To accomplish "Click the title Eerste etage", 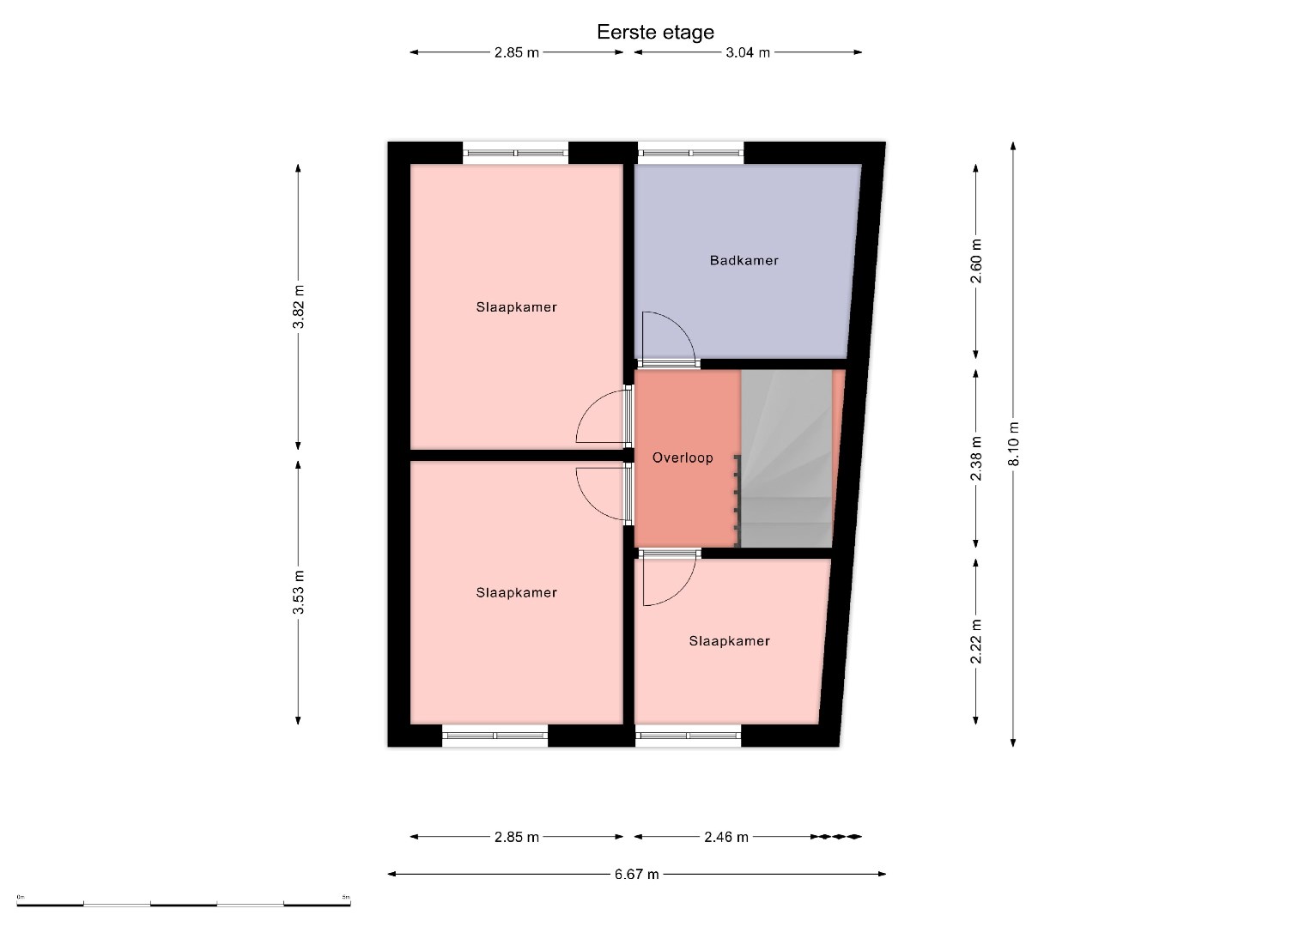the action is tap(655, 33).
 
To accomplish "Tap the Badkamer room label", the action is tap(744, 260).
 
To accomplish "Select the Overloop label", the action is tap(683, 457).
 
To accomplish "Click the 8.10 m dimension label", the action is tap(1014, 444).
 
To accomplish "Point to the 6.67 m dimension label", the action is tap(637, 874).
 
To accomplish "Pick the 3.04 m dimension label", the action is tap(748, 52).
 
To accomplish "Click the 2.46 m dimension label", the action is tap(726, 837).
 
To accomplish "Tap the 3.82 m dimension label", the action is tap(299, 306).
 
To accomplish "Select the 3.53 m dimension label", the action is tap(299, 592).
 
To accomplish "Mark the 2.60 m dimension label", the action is tap(976, 261).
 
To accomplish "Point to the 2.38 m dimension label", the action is tap(976, 458).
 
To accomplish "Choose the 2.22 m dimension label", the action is tap(976, 641).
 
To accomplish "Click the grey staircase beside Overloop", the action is tap(786, 458).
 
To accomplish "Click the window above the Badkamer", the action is tap(690, 153).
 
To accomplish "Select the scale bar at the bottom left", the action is tap(183, 904).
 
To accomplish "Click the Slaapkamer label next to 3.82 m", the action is tap(516, 307).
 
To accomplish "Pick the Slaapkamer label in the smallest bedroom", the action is tap(729, 641).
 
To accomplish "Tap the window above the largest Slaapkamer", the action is tap(516, 153).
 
